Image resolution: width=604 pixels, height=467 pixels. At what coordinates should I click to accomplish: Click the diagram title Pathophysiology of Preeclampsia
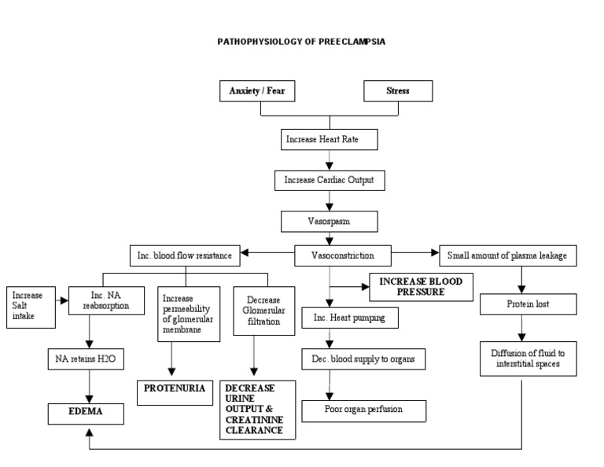(x=301, y=42)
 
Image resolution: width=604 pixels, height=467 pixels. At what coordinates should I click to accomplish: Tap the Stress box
(x=397, y=91)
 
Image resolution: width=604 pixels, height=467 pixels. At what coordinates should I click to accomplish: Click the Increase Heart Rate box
(x=330, y=140)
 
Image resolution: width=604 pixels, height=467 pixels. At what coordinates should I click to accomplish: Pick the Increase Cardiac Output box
(x=330, y=180)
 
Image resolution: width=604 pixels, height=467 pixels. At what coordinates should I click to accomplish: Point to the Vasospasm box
(x=330, y=221)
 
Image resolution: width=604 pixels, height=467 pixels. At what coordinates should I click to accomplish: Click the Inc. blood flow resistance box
(x=185, y=255)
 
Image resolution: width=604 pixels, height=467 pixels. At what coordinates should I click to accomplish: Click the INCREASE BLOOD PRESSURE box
(x=421, y=287)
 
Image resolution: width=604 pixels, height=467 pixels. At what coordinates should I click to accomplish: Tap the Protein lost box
(x=521, y=304)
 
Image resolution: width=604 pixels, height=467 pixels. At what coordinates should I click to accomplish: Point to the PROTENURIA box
(x=174, y=388)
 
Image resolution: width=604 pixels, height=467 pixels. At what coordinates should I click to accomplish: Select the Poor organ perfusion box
(x=363, y=410)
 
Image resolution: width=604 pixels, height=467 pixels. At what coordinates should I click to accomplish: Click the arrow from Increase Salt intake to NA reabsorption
(x=61, y=300)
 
